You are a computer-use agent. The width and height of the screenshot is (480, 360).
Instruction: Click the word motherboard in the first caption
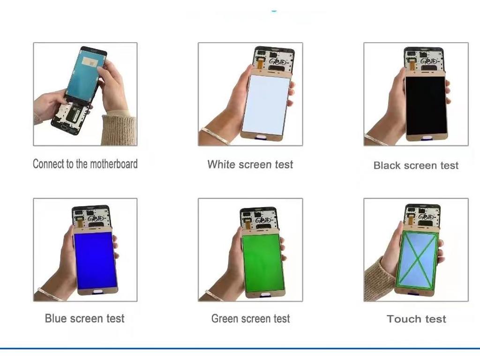114,164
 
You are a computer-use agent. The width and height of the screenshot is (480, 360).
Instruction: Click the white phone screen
265,105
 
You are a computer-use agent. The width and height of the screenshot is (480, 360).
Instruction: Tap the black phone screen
426,105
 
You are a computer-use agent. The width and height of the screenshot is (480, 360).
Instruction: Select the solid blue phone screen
96,261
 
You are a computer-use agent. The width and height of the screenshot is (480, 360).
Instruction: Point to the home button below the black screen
426,138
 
